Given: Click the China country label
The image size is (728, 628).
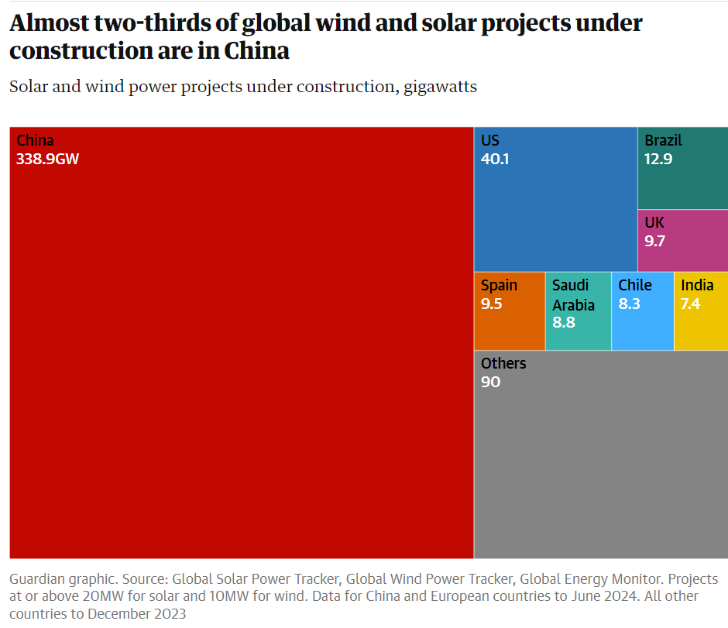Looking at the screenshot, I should [35, 140].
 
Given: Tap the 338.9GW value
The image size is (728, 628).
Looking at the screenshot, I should [48, 160].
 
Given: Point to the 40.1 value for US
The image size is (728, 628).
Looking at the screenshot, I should [495, 160].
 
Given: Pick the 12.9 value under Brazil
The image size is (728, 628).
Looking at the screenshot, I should [658, 160].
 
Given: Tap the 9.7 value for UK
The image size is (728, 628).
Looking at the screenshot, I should [655, 241].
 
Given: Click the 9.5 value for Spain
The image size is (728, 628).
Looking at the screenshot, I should [492, 304].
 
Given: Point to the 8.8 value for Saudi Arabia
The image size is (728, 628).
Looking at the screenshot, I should [564, 322].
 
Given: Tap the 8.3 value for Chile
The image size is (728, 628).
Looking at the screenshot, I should [630, 304].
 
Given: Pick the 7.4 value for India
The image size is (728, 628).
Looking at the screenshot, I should [690, 304].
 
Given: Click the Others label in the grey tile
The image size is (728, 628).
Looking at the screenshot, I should [503, 363].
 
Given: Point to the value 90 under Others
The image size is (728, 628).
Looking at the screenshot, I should [490, 382].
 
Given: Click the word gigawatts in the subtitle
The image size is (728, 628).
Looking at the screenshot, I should [440, 86].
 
